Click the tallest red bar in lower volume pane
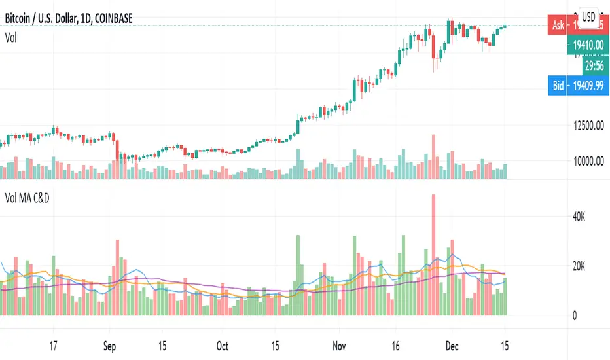coord(433,255)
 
